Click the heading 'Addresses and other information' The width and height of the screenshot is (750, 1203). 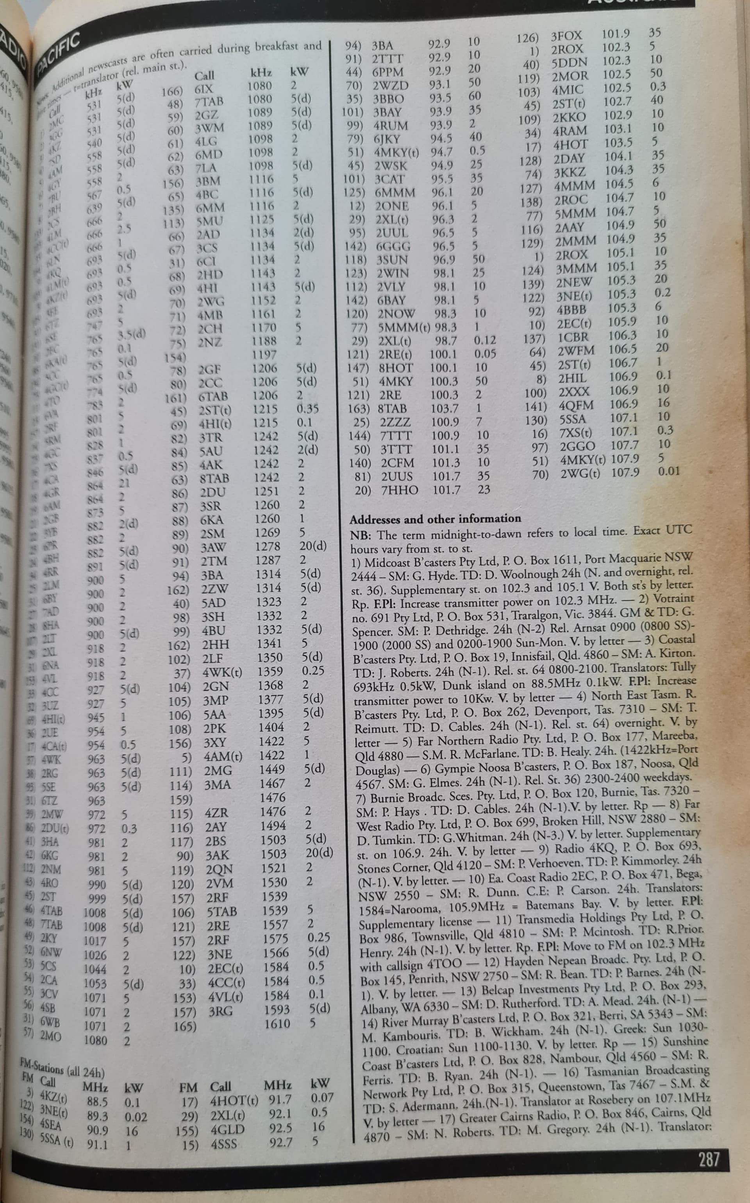[x=435, y=519]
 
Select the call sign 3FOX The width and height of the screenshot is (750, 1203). [x=566, y=36]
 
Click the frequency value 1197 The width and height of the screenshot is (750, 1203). [x=264, y=354]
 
